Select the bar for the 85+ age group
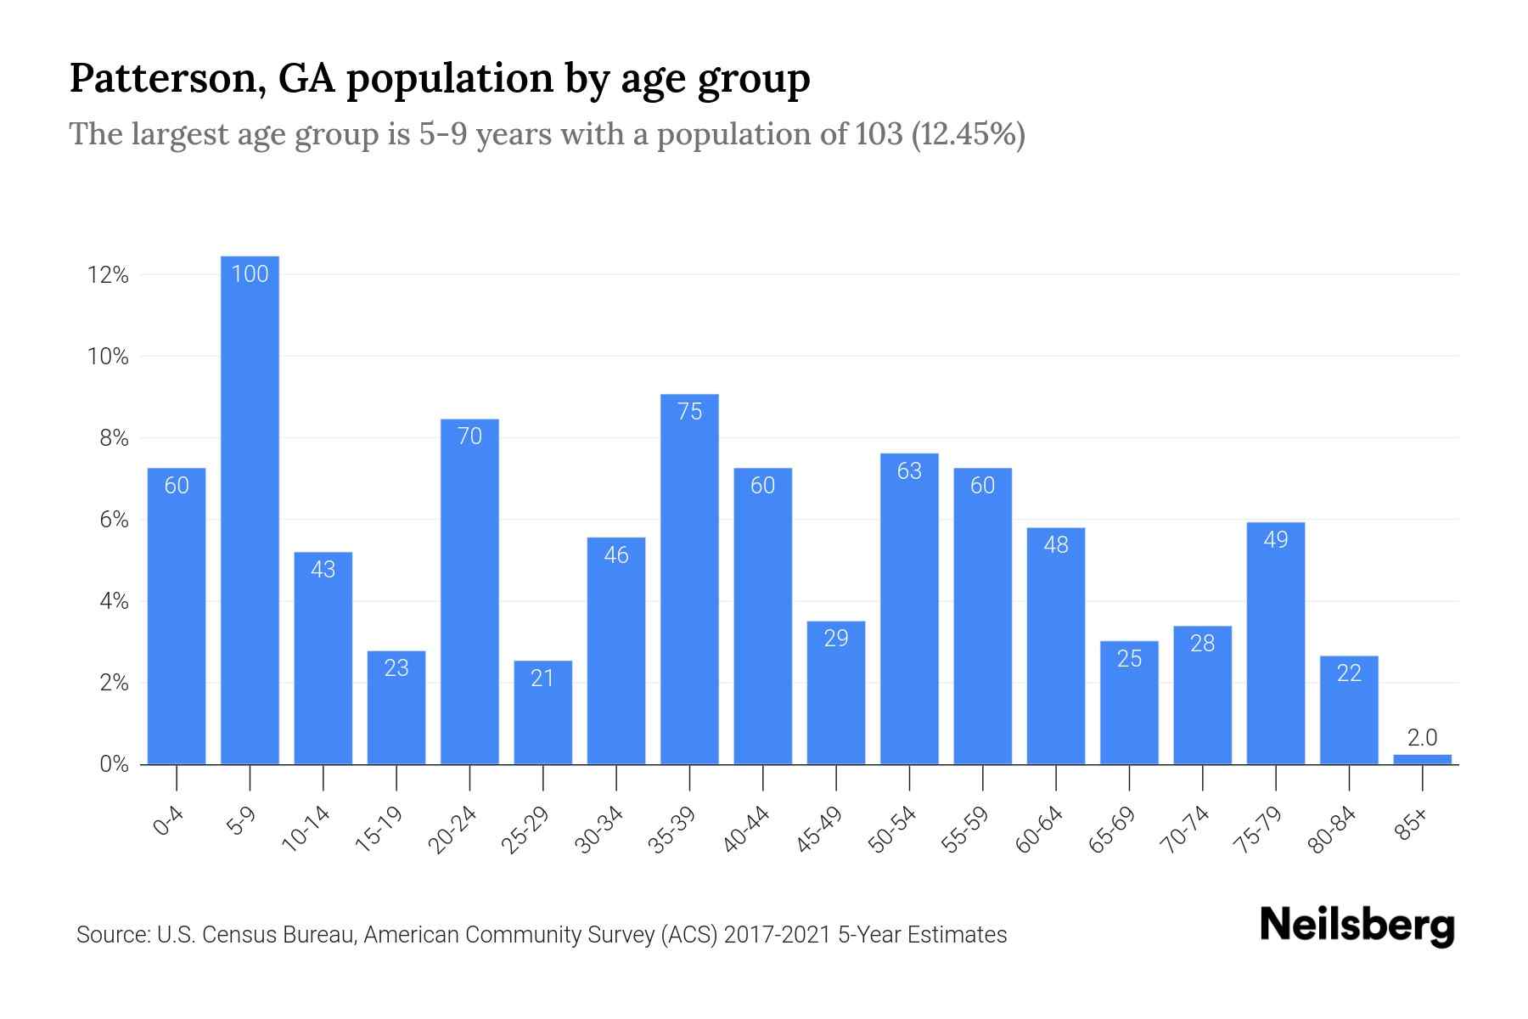(1422, 759)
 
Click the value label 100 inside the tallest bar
(250, 274)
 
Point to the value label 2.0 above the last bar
(1422, 738)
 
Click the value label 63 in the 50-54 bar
(909, 470)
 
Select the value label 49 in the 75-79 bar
(1275, 540)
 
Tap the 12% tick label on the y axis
(108, 275)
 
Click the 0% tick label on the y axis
(114, 764)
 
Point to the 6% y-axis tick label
(114, 520)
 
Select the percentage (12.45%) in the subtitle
(968, 134)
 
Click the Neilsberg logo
(1357, 926)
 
